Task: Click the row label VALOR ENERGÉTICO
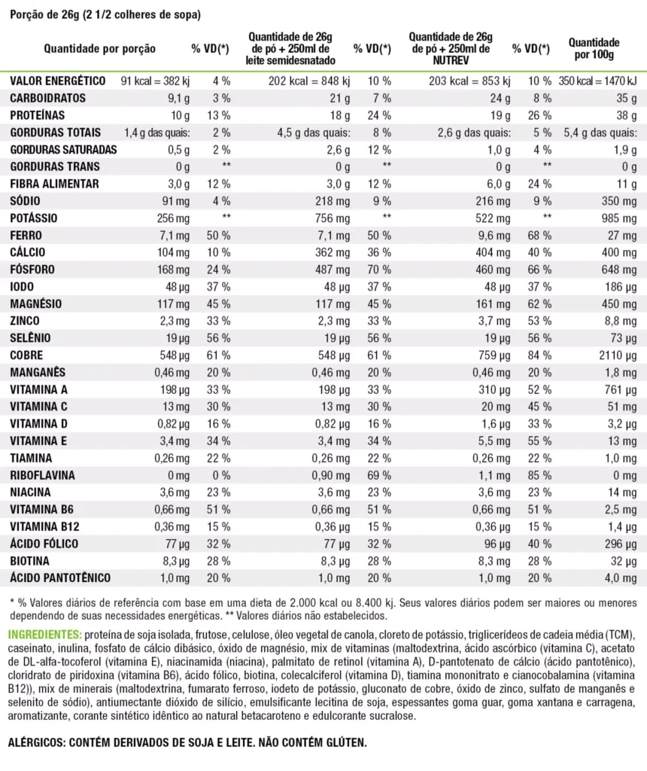56,81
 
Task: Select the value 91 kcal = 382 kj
156,81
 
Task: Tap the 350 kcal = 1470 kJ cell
599,81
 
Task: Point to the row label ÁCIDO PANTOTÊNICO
60,577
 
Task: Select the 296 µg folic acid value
620,544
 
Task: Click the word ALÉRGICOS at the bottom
36,742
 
